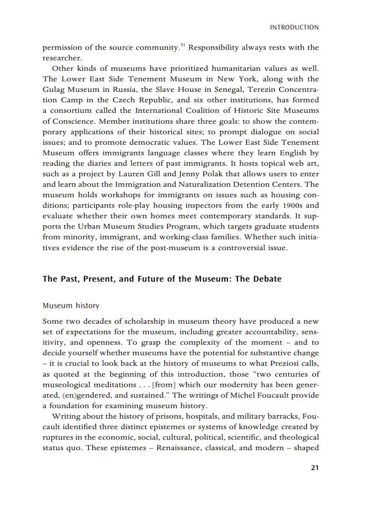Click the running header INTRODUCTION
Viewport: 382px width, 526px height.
point(294,28)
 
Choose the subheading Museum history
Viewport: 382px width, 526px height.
point(71,306)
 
